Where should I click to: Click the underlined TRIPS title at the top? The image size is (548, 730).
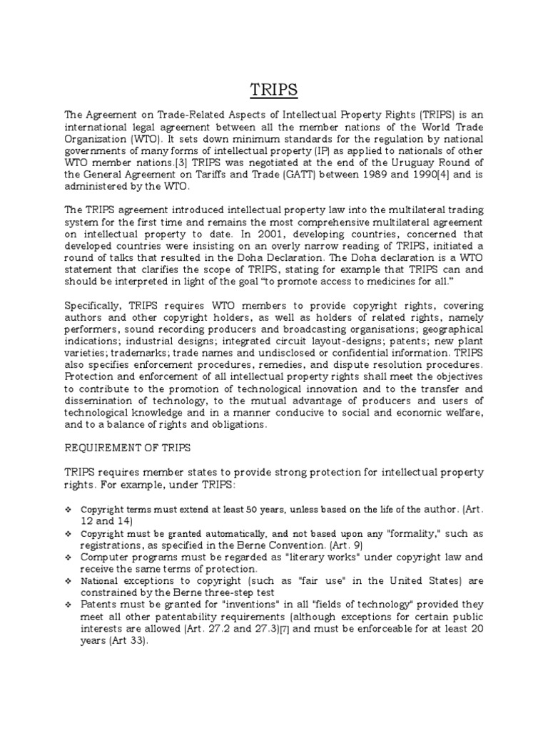[273, 90]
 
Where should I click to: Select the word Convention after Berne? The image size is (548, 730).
[277, 545]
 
